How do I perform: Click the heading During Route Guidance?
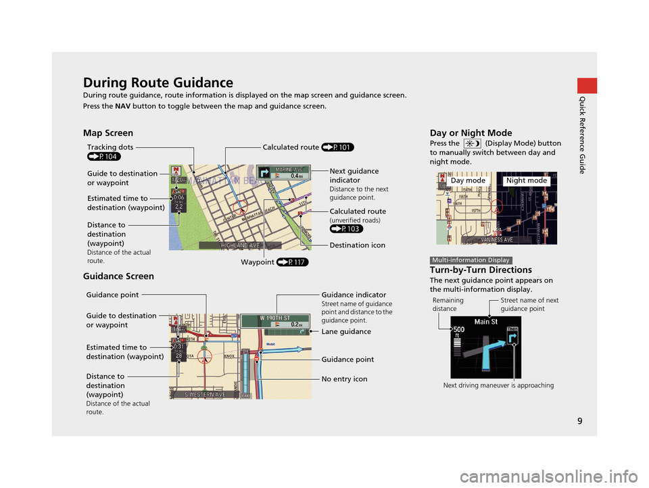[x=158, y=83]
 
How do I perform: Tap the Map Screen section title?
[x=107, y=133]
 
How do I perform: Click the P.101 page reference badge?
[x=338, y=146]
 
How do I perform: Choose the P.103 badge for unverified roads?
[x=347, y=228]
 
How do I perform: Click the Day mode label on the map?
[x=468, y=181]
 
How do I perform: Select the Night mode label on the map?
[x=526, y=181]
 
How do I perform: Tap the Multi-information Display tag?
[x=470, y=260]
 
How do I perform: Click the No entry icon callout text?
[x=344, y=379]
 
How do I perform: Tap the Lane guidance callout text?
[x=346, y=332]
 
